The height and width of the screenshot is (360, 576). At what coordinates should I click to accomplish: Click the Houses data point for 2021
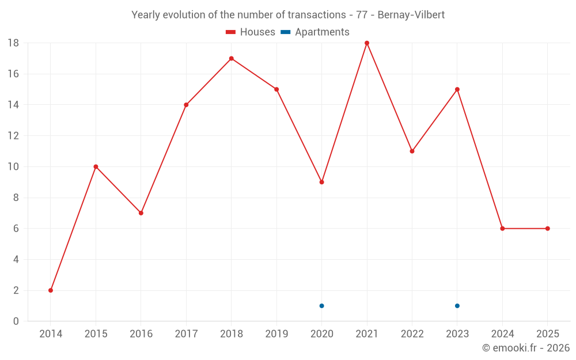pyautogui.click(x=367, y=43)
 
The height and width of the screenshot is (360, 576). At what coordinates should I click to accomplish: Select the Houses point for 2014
pyautogui.click(x=51, y=290)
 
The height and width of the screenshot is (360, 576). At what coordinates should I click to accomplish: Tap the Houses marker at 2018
pyautogui.click(x=232, y=58)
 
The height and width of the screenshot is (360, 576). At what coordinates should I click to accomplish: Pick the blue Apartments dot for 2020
pyautogui.click(x=322, y=306)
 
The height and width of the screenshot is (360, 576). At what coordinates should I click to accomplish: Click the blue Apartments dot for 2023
pyautogui.click(x=457, y=306)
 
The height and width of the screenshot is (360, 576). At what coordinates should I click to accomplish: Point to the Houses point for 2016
pyautogui.click(x=141, y=213)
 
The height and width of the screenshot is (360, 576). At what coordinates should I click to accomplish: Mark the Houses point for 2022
pyautogui.click(x=412, y=151)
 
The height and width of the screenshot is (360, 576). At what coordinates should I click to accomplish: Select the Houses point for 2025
pyautogui.click(x=548, y=229)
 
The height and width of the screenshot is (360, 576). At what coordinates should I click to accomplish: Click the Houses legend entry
pyautogui.click(x=251, y=32)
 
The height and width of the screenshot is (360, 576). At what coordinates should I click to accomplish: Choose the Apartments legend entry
pyautogui.click(x=315, y=32)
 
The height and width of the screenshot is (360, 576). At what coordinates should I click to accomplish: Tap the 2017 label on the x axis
pyautogui.click(x=186, y=334)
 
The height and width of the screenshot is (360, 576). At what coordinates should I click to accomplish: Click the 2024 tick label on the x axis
pyautogui.click(x=502, y=334)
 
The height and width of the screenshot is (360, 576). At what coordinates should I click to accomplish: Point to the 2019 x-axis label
pyautogui.click(x=276, y=334)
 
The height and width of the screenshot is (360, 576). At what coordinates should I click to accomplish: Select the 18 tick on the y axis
pyautogui.click(x=13, y=43)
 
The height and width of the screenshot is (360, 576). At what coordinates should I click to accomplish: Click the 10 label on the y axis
pyautogui.click(x=13, y=167)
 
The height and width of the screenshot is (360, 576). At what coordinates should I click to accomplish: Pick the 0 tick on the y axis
pyautogui.click(x=16, y=321)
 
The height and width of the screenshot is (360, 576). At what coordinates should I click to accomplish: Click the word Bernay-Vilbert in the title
pyautogui.click(x=411, y=15)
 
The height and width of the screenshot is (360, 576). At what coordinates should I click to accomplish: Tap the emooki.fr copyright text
pyautogui.click(x=525, y=348)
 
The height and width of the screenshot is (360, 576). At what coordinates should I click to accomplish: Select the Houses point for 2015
pyautogui.click(x=96, y=167)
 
